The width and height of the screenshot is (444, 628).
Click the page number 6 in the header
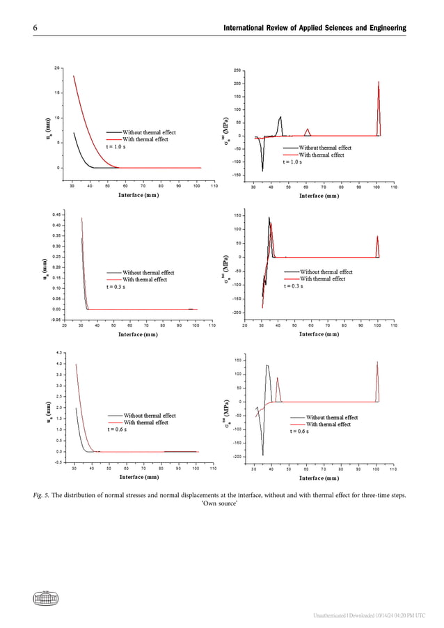coord(34,27)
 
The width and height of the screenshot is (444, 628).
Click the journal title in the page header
coord(314,27)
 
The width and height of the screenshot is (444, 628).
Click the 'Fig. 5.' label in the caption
coord(45,496)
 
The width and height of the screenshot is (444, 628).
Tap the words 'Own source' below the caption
coord(221,506)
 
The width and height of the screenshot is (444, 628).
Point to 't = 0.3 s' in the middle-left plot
coord(117,286)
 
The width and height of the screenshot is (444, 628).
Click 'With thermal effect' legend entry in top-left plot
coord(145,139)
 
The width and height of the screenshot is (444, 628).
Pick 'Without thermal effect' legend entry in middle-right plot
coord(325,272)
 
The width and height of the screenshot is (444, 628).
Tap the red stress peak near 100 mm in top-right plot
coord(379,84)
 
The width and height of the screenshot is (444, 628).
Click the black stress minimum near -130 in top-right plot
coord(262,169)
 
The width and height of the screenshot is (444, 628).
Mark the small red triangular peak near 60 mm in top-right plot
coord(307,129)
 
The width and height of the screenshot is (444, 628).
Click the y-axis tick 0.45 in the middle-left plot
coord(56,214)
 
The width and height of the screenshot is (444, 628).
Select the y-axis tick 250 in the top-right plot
coord(238,71)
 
